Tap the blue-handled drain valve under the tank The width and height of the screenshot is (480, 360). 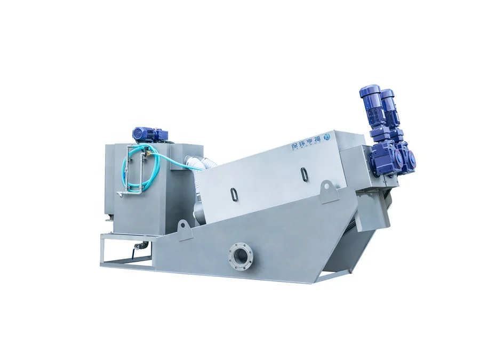coord(141,245)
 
